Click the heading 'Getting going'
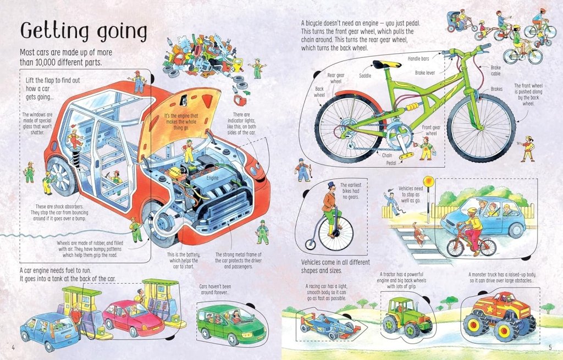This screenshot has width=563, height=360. pos(84,32)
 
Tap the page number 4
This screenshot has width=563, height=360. pos(12,347)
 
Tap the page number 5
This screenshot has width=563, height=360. pos(549,347)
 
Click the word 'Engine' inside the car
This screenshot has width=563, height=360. pos(213,179)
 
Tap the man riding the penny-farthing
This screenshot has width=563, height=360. pos(329,203)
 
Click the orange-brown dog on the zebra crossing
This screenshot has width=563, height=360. pos(420,237)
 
